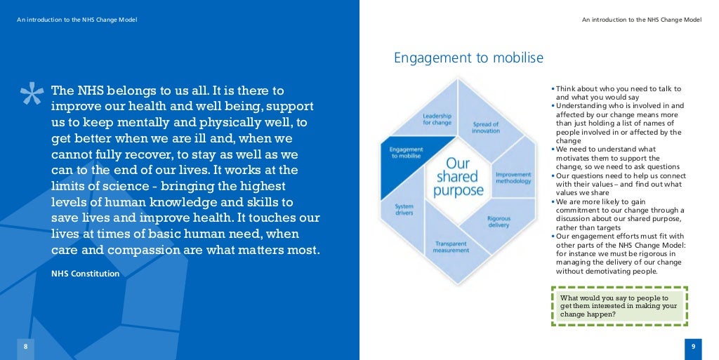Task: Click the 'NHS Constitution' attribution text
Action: (85, 273)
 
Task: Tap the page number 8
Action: (25, 347)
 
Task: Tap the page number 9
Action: (692, 347)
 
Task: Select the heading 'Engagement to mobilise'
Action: (468, 58)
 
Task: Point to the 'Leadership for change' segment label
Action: (437, 119)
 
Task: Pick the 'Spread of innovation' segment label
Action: (486, 128)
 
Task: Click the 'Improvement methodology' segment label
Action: (513, 177)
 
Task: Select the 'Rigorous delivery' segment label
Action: (499, 222)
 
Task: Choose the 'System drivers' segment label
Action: (404, 210)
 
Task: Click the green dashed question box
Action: (619, 306)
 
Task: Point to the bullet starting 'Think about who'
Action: (618, 93)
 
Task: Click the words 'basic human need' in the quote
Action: (207, 234)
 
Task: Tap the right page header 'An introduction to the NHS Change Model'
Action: (641, 20)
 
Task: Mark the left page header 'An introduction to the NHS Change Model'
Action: (77, 20)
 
